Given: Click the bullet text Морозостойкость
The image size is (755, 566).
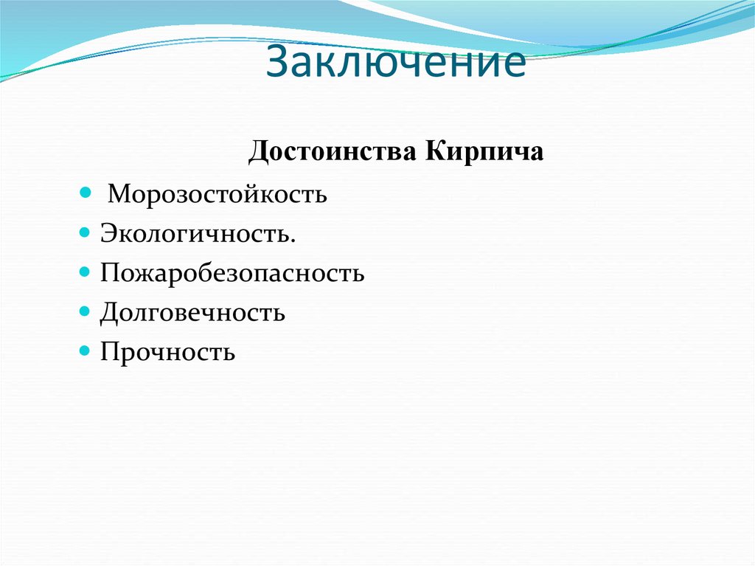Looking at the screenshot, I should [218, 196].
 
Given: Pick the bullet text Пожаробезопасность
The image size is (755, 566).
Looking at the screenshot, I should [232, 274].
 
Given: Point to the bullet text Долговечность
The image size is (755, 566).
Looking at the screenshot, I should [192, 313].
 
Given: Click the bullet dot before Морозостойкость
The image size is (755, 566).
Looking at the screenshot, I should [85, 194].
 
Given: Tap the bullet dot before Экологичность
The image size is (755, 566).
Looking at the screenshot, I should [85, 233].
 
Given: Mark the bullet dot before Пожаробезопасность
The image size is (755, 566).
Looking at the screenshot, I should [85, 272].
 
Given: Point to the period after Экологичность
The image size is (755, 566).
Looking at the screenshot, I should [294, 241].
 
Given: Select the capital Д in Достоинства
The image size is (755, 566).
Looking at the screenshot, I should [258, 152].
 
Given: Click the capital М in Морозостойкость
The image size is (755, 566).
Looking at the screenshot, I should [119, 196].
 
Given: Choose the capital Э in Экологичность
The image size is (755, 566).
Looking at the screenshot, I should [108, 235].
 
